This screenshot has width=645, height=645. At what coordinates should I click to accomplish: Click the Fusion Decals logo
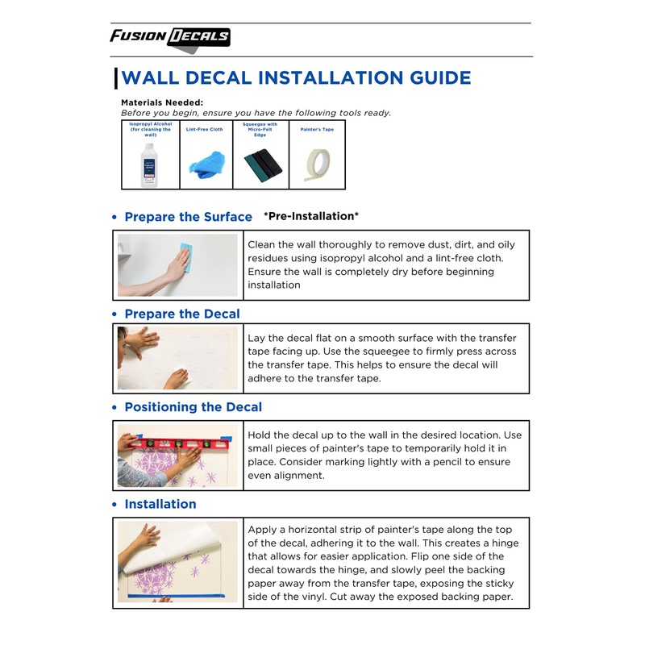click(170, 37)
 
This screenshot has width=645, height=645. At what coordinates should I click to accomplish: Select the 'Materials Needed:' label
click(161, 102)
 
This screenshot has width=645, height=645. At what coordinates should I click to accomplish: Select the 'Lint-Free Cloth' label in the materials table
click(205, 129)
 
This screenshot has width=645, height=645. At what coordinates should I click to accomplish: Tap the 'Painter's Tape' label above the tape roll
click(317, 129)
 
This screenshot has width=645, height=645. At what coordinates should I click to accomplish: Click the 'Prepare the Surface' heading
click(188, 217)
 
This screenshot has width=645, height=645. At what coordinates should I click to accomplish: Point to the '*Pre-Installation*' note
click(311, 216)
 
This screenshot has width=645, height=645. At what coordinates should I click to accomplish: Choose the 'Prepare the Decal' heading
click(182, 314)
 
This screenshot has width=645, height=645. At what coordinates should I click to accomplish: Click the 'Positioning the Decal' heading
click(193, 407)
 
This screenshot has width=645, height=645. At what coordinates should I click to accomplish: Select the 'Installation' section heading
click(160, 504)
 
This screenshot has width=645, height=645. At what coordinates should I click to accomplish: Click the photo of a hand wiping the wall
click(178, 264)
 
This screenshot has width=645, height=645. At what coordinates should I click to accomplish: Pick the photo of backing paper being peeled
click(178, 562)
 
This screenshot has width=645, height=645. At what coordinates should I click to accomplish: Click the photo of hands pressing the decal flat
click(178, 358)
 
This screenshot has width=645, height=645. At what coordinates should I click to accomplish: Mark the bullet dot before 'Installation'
click(114, 505)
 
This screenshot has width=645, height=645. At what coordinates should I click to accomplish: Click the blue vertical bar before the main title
click(116, 78)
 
